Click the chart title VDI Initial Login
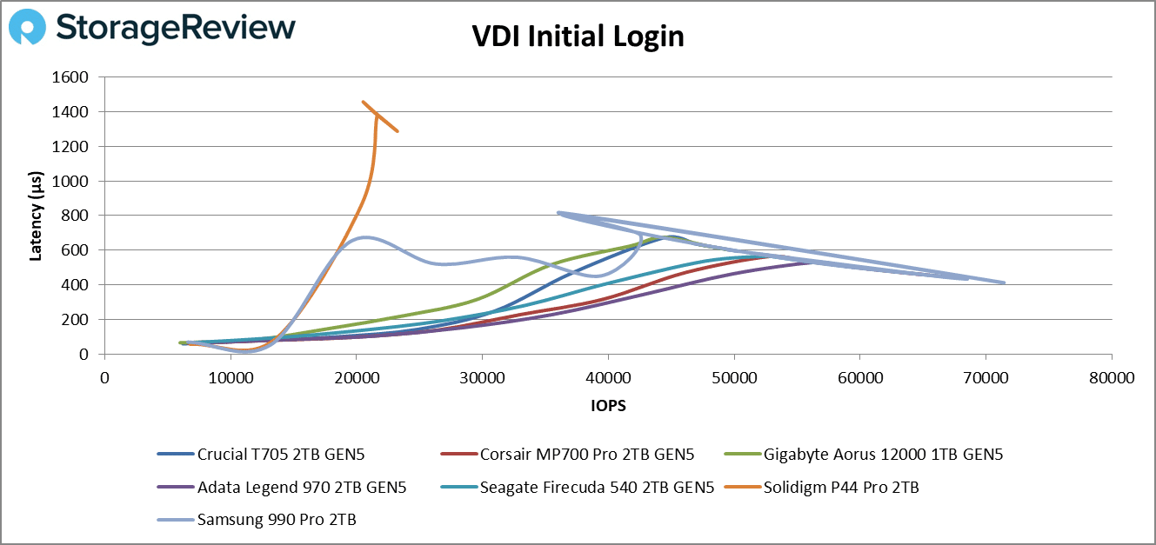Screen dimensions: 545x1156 point(578,37)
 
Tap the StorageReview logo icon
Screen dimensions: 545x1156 point(27,28)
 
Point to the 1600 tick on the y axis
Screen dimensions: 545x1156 point(71,77)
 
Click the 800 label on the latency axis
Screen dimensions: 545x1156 point(77,216)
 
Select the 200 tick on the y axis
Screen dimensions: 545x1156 point(77,320)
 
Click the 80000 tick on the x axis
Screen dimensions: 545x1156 point(1111,378)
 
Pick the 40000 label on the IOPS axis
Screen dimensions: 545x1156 point(608,378)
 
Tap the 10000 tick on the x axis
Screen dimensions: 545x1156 point(231,378)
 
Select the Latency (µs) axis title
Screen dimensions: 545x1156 point(37,216)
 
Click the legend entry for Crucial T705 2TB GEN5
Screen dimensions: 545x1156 point(275,454)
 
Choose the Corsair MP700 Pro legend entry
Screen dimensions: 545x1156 point(586,454)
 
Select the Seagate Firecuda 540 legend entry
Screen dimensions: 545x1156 point(597,488)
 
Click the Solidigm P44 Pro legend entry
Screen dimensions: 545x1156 point(840,488)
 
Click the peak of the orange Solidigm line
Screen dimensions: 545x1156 point(364,102)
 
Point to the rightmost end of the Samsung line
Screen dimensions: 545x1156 point(1004,282)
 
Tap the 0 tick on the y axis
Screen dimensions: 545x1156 point(84,355)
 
